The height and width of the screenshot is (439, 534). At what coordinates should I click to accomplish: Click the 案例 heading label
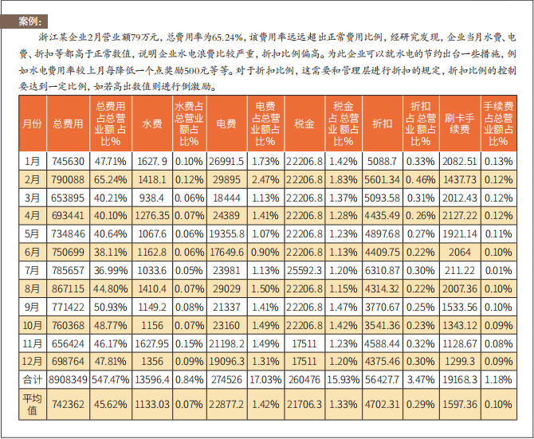(31, 21)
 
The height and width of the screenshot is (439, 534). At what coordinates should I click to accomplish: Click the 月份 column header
(32, 123)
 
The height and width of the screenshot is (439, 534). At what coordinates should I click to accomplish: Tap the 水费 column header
(151, 123)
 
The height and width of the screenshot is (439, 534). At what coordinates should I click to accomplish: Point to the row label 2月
(32, 179)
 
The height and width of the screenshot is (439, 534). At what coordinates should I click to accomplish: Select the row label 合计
(32, 380)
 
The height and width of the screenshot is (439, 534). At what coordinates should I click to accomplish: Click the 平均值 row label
(32, 404)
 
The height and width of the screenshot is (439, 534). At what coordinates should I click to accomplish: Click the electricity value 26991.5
(226, 161)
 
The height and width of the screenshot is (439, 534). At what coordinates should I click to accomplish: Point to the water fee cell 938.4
(151, 198)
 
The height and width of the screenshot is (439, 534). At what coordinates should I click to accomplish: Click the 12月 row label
(32, 362)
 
